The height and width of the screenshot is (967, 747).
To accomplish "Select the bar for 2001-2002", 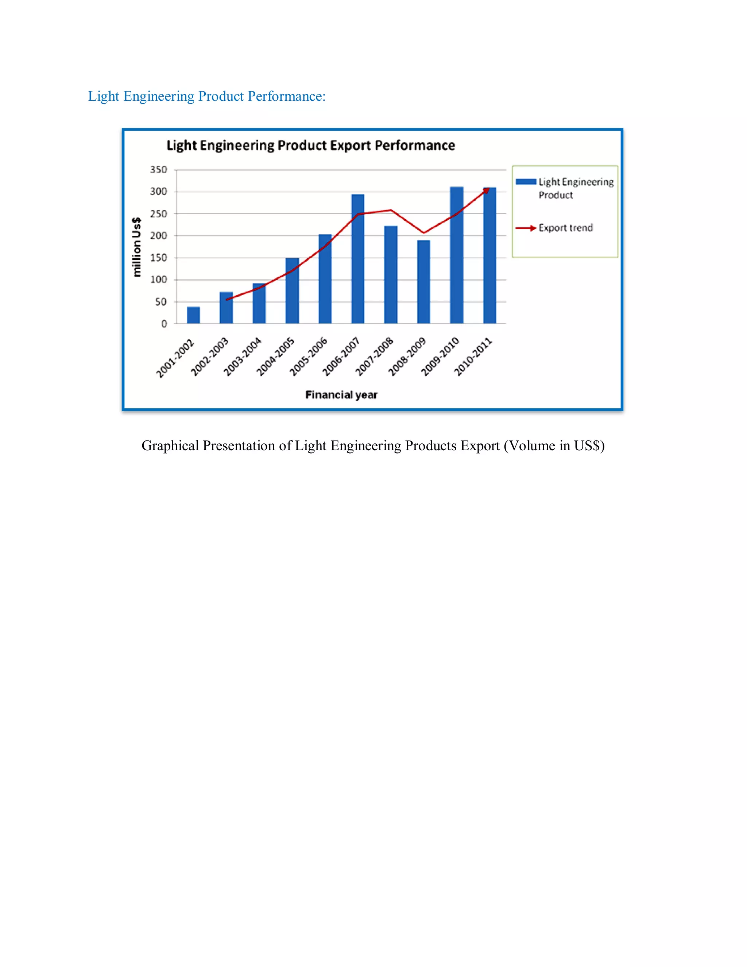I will (x=193, y=315).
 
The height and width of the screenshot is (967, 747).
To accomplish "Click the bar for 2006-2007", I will (x=357, y=259).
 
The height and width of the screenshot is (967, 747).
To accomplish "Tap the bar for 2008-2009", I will (x=423, y=282).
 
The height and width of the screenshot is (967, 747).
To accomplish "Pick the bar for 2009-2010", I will (x=456, y=255).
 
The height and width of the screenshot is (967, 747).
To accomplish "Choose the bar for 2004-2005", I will (x=292, y=291).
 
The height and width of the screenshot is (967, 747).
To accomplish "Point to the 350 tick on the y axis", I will (x=158, y=170).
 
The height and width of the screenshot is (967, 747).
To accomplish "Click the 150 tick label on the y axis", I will (x=158, y=258).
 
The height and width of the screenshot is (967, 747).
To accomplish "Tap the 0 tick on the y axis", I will (x=164, y=324).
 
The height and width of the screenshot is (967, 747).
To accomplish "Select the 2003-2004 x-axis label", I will (x=243, y=357).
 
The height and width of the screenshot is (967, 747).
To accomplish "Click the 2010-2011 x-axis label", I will (x=473, y=357).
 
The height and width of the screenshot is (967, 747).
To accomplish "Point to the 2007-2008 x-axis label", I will (x=374, y=357).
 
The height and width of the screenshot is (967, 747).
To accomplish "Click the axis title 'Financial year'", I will (x=341, y=394).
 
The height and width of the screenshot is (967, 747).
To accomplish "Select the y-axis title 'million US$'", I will (x=137, y=247).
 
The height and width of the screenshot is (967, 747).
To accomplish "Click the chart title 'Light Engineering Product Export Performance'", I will (x=311, y=145).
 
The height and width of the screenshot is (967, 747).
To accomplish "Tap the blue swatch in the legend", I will (x=526, y=181).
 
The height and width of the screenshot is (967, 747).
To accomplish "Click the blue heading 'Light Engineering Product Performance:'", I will (x=207, y=96).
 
